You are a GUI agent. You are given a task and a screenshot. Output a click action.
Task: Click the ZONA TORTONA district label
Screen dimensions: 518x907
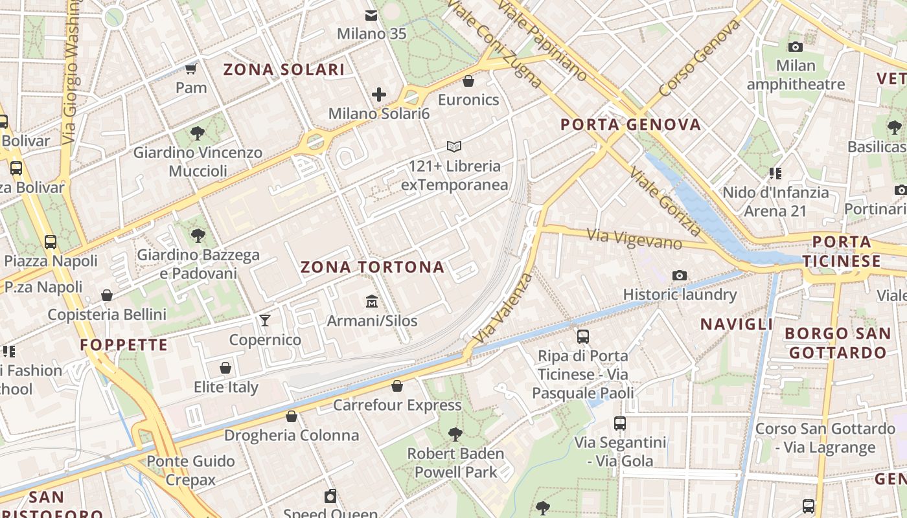373,267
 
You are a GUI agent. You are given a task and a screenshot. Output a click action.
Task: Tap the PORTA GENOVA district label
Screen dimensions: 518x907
631,124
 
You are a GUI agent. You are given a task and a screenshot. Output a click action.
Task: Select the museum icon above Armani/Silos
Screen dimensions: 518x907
372,301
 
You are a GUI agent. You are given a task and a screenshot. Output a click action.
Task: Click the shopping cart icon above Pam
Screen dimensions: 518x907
191,68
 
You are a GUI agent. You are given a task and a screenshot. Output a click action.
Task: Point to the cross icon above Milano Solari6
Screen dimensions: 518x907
379,95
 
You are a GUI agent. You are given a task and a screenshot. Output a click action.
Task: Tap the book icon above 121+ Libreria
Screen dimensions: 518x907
455,147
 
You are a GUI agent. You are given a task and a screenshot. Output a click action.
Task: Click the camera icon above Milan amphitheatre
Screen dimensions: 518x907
796,47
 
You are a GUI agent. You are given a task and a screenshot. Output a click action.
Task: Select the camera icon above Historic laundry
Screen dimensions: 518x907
680,276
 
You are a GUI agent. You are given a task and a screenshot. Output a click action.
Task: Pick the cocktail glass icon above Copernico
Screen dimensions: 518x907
265,320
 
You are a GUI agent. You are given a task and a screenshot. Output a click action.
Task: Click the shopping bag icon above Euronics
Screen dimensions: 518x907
468,81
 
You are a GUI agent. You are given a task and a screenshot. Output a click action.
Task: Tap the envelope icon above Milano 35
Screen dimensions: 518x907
371,15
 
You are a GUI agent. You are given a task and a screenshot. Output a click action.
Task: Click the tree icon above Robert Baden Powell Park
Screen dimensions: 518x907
455,434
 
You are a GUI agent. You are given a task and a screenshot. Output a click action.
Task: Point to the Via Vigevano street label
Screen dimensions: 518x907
634,239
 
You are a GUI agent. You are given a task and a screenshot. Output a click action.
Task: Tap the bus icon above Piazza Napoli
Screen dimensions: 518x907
51,242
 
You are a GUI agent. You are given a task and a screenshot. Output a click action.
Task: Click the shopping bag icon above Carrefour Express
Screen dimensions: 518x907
397,387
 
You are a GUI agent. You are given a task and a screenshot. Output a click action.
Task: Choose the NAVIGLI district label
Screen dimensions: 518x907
737,324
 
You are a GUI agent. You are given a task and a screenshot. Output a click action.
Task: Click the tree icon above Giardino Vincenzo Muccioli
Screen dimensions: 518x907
198,133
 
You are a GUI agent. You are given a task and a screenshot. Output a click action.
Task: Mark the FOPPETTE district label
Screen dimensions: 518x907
124,344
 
